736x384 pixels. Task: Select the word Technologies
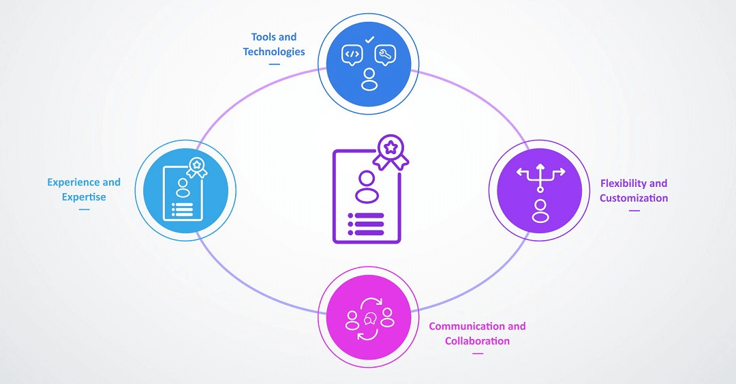274,52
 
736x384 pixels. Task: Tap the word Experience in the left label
74,182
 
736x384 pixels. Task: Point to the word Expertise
84,197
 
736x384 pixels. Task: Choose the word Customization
634,198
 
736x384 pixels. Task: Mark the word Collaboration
477,341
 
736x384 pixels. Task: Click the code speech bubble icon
352,55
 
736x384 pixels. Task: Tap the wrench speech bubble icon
385,55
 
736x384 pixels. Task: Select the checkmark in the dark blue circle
369,40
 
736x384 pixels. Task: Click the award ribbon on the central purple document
390,151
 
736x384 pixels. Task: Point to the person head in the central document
366,179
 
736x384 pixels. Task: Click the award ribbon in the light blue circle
197,167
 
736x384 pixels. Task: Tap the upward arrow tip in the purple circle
540,165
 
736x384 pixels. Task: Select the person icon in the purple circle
540,211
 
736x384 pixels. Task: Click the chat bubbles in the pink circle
369,319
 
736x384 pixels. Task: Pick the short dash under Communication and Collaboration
477,353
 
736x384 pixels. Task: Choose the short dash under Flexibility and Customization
634,211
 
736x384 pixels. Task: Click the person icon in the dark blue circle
369,79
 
